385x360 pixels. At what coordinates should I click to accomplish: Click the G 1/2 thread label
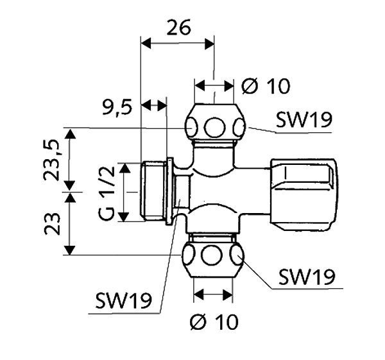click(107, 193)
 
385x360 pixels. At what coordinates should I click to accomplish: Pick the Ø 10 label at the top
click(266, 85)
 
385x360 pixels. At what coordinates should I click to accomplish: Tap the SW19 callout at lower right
click(307, 277)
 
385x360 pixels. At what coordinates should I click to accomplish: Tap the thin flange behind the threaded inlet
click(169, 191)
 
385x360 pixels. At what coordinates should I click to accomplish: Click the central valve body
click(225, 191)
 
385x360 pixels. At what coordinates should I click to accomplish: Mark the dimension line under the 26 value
click(178, 44)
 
